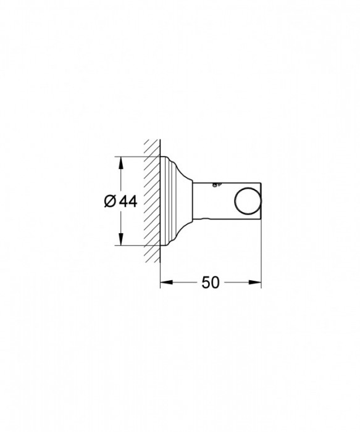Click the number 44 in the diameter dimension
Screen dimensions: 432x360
tap(128, 201)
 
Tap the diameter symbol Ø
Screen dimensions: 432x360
tap(109, 201)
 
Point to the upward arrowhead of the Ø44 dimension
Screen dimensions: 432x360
tap(120, 162)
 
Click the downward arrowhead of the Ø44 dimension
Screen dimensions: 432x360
tap(120, 241)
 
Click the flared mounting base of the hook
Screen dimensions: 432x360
tap(175, 201)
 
